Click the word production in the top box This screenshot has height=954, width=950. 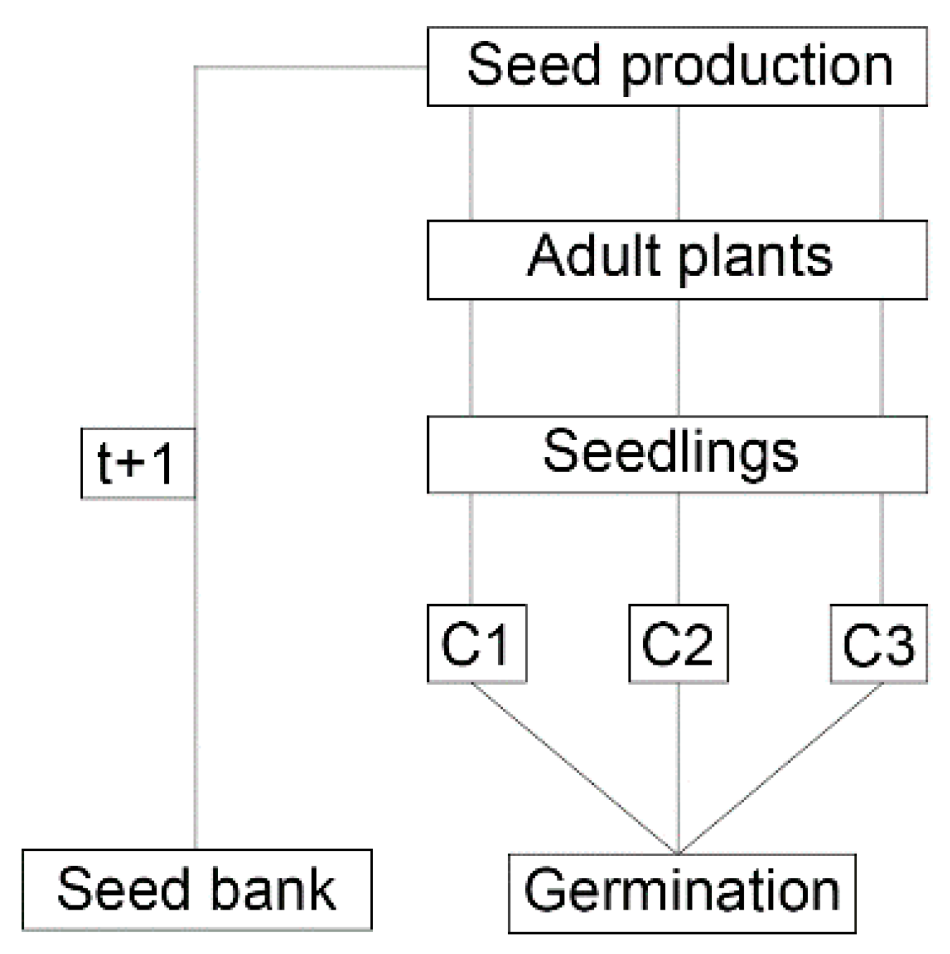click(x=757, y=67)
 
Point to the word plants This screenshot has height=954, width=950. click(x=756, y=258)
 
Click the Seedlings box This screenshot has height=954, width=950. click(x=677, y=454)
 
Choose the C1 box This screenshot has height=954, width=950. click(x=476, y=644)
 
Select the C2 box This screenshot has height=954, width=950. click(x=678, y=644)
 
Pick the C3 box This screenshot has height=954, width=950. click(x=878, y=644)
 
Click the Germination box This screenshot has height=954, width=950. click(x=682, y=893)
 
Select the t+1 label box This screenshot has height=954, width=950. click(x=137, y=463)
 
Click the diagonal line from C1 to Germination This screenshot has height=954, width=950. click(x=574, y=767)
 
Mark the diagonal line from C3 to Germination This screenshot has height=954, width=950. click(x=781, y=767)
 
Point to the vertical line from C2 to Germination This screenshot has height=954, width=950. click(x=678, y=767)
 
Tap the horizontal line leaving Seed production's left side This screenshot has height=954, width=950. click(x=310, y=68)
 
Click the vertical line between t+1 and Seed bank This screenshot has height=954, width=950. click(x=196, y=669)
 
